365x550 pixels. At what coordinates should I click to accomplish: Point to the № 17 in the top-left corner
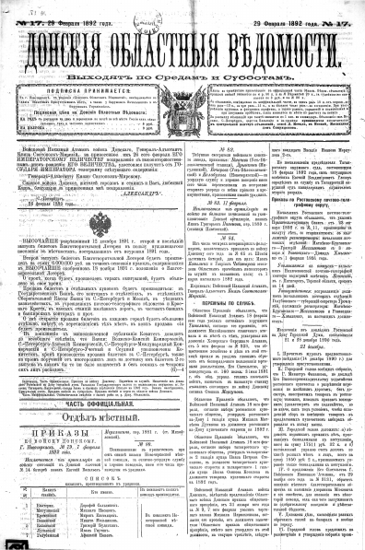click(27, 9)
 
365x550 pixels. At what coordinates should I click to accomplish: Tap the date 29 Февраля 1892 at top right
click(277, 9)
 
